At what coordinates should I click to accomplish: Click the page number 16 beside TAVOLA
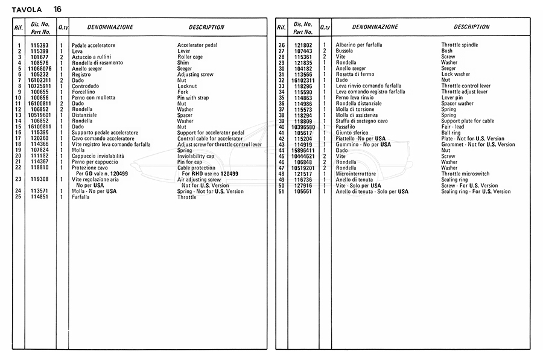pyautogui.click(x=57, y=9)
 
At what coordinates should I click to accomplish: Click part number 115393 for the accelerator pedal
pyautogui.click(x=40, y=46)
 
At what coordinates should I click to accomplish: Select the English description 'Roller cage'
pyautogui.click(x=191, y=57)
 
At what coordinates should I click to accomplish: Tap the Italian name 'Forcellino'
pyautogui.click(x=84, y=92)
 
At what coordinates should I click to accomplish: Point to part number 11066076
pyautogui.click(x=40, y=69)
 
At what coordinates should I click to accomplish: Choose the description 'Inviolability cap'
pyautogui.click(x=196, y=156)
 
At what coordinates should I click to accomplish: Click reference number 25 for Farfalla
pyautogui.click(x=19, y=197)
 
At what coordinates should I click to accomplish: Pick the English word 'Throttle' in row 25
pyautogui.click(x=186, y=197)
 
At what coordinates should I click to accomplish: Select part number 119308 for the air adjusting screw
pyautogui.click(x=40, y=179)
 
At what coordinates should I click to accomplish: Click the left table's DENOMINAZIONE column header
pyautogui.click(x=110, y=27)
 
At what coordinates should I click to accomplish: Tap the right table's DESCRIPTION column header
pyautogui.click(x=471, y=27)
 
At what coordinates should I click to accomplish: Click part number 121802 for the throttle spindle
pyautogui.click(x=303, y=46)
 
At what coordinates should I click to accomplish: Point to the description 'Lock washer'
pyautogui.click(x=456, y=74)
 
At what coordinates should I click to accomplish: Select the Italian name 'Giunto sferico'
pyautogui.click(x=352, y=133)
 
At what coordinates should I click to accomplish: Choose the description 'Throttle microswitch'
pyautogui.click(x=466, y=174)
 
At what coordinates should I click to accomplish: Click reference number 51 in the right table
pyautogui.click(x=281, y=191)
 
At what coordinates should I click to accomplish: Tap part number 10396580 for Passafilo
pyautogui.click(x=303, y=127)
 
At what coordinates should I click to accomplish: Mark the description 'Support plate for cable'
pyautogui.click(x=467, y=121)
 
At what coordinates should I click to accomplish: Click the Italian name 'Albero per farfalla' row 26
pyautogui.click(x=358, y=46)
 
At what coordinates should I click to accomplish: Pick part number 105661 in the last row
pyautogui.click(x=303, y=191)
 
